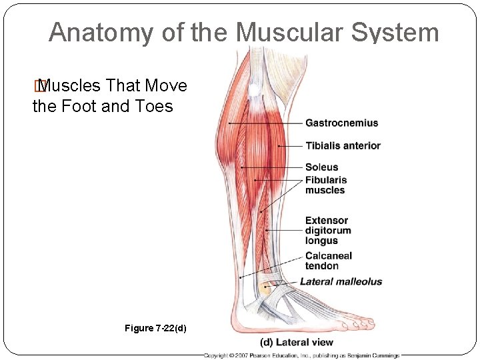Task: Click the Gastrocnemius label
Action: [341, 123]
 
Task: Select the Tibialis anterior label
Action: [343, 145]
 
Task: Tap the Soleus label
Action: [322, 167]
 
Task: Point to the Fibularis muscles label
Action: [326, 185]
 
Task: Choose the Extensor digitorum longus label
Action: [328, 231]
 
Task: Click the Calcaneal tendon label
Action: [329, 261]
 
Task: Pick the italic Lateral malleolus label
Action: [341, 281]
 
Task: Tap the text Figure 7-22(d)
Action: [155, 328]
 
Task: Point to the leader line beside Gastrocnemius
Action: [267, 123]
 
